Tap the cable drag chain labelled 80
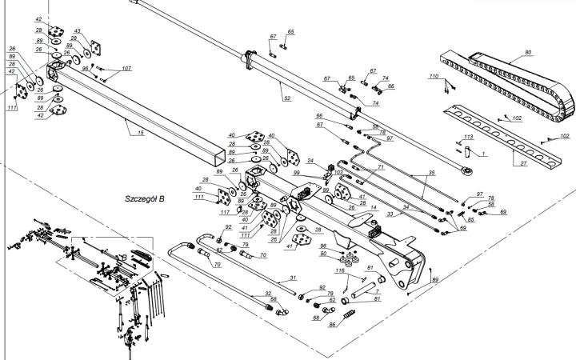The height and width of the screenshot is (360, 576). pos(512,80)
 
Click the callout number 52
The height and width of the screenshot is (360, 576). pos(286,98)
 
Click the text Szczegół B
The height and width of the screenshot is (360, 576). pos(144,197)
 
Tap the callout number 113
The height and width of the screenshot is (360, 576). pos(470,138)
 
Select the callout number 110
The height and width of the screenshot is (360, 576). pos(434,76)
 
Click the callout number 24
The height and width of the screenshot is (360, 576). pos(310,161)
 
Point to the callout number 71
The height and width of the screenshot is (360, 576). pos(382,166)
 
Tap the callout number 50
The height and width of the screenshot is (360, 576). pos(323,254)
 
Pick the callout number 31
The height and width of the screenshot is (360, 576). pos(293,278)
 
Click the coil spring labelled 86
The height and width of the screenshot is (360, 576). pos(347,318)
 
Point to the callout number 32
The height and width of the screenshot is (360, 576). pos(268,294)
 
